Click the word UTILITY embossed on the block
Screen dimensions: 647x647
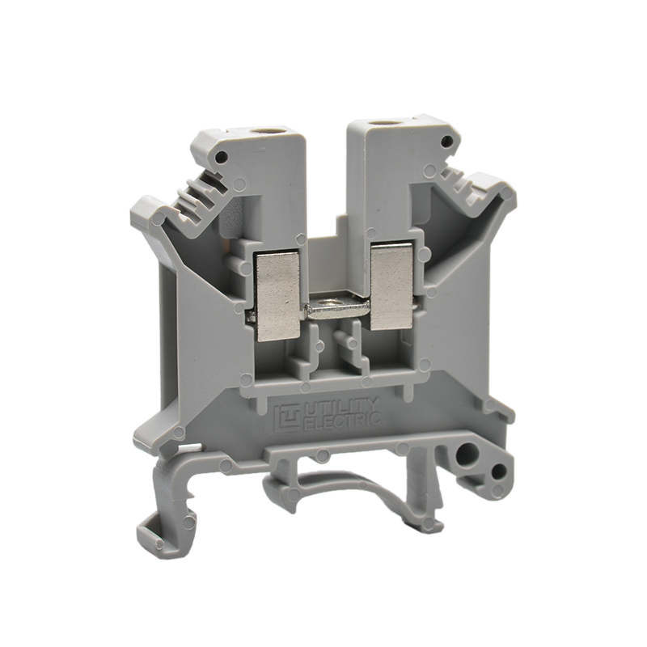click(340, 408)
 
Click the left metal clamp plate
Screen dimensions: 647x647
click(277, 297)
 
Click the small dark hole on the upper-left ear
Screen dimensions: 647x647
click(222, 156)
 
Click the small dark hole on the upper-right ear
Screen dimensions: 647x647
click(446, 142)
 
